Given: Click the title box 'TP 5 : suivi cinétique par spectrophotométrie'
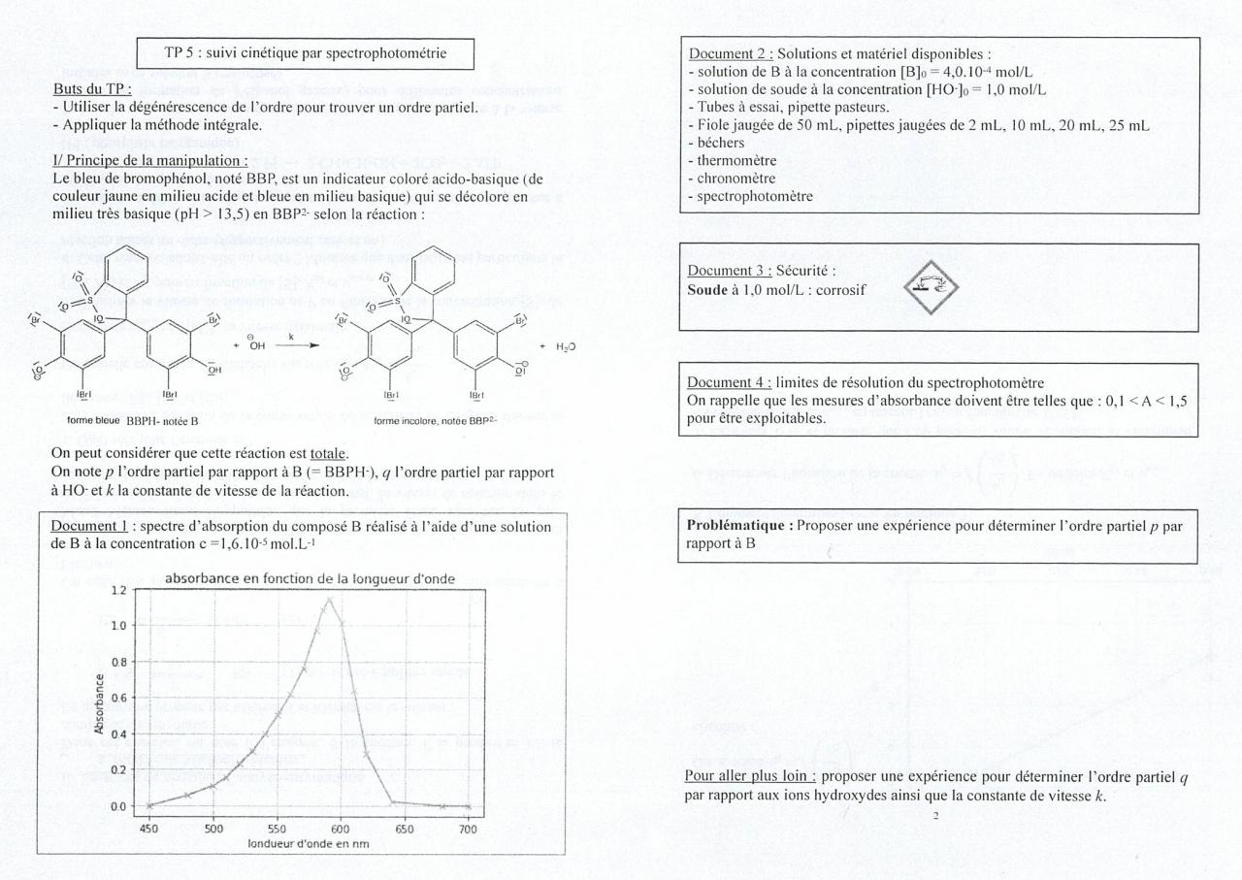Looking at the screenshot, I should click(x=306, y=53).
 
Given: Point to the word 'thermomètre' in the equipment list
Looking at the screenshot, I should click(x=730, y=160).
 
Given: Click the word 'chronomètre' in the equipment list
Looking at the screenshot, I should click(x=731, y=179).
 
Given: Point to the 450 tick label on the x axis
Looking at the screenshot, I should click(x=149, y=830).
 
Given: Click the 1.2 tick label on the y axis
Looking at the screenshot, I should click(x=117, y=591).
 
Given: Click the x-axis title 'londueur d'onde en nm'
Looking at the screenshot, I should click(x=309, y=843).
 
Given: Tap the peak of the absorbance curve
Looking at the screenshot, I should click(x=330, y=599).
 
